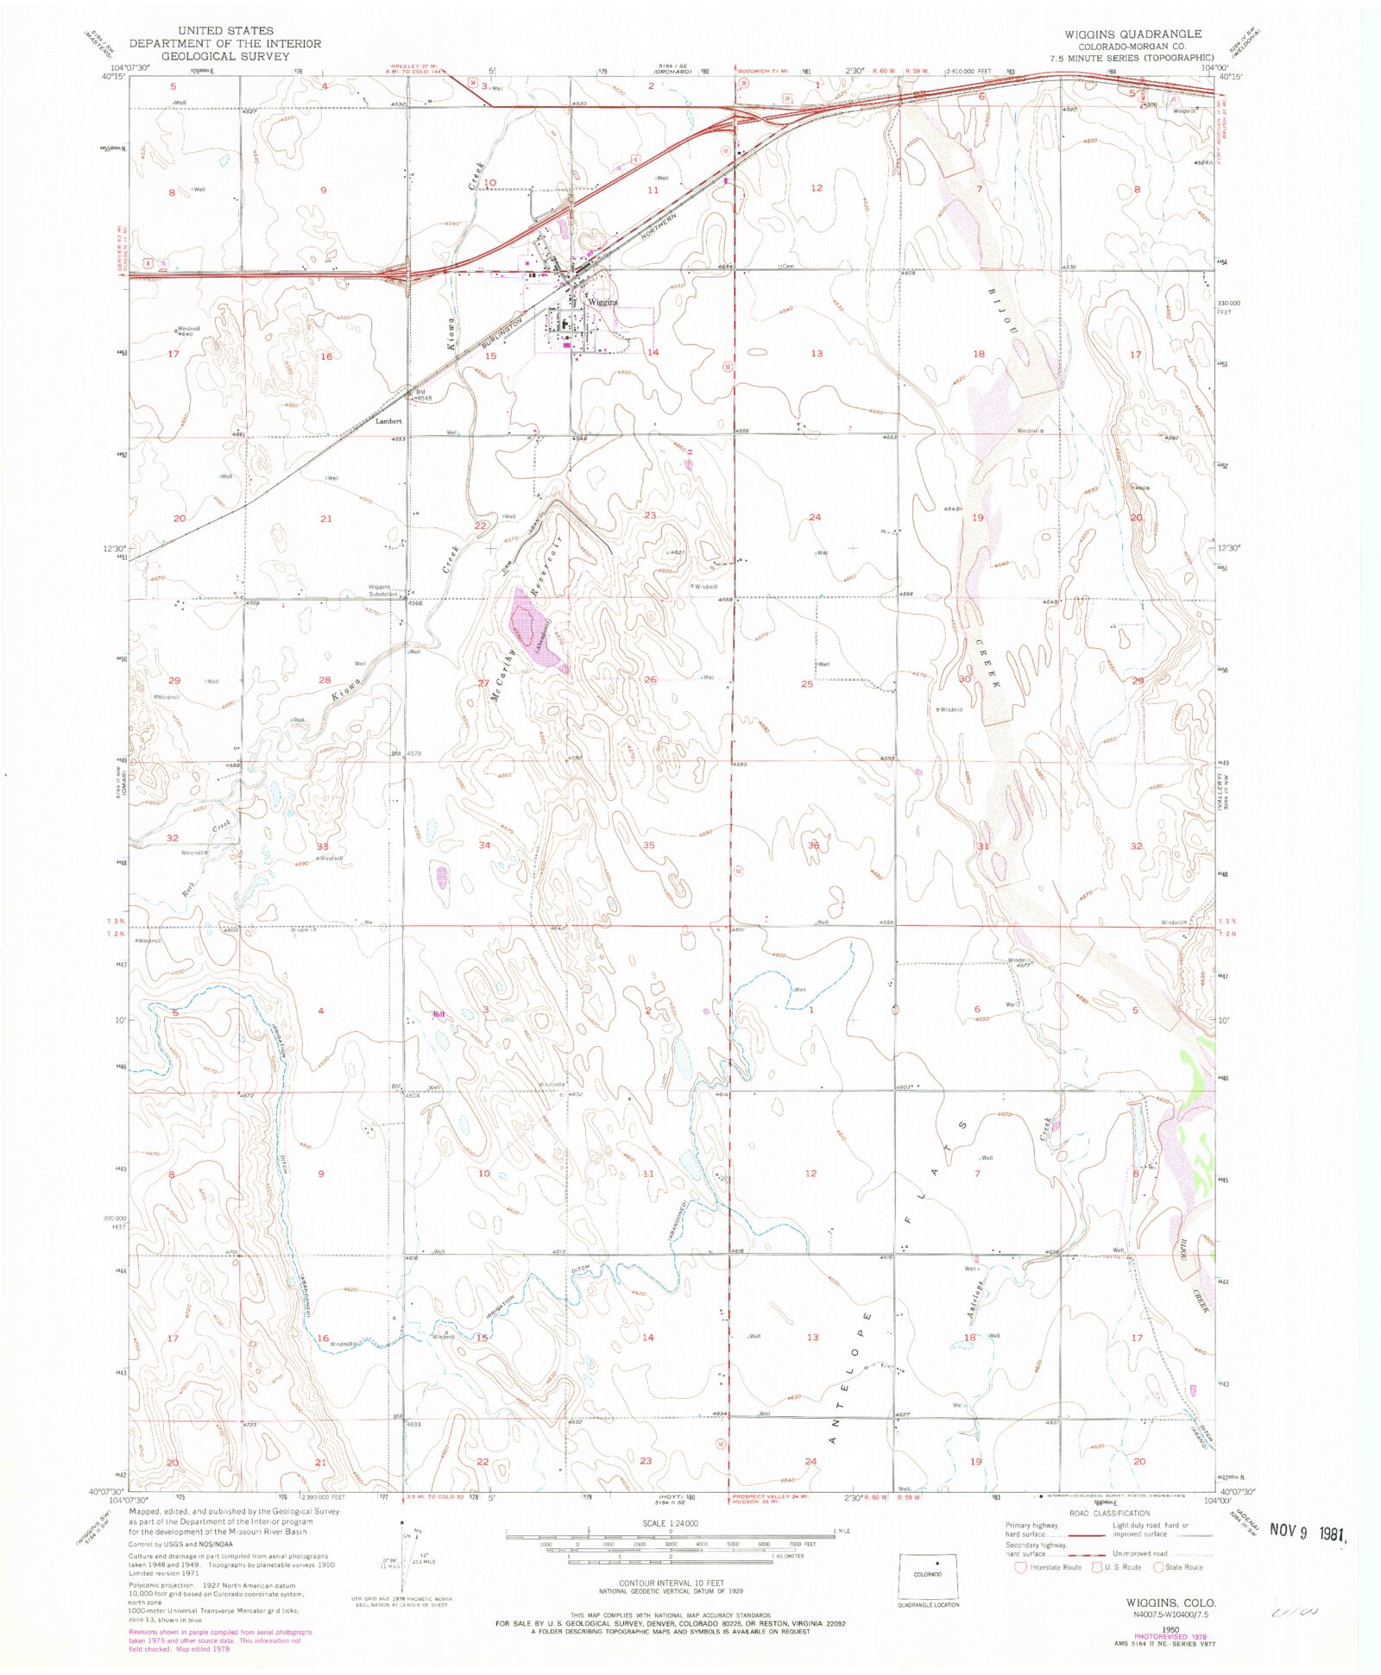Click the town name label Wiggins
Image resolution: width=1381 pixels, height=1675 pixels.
602,302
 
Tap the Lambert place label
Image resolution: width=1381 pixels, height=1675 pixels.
388,421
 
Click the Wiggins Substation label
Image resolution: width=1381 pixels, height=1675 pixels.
383,590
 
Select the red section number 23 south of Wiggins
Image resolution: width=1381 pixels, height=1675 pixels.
650,515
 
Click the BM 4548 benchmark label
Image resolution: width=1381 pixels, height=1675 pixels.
421,395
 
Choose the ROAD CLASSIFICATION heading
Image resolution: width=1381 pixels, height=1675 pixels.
1109,1513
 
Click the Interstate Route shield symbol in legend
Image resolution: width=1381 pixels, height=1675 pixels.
1020,1567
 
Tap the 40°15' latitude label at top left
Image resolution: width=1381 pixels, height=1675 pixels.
114,77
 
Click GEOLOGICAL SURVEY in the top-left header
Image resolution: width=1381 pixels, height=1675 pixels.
224,56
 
